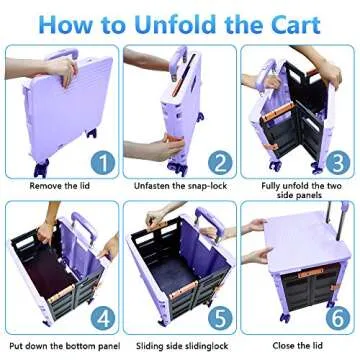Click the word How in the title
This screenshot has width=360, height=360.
(58, 22)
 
